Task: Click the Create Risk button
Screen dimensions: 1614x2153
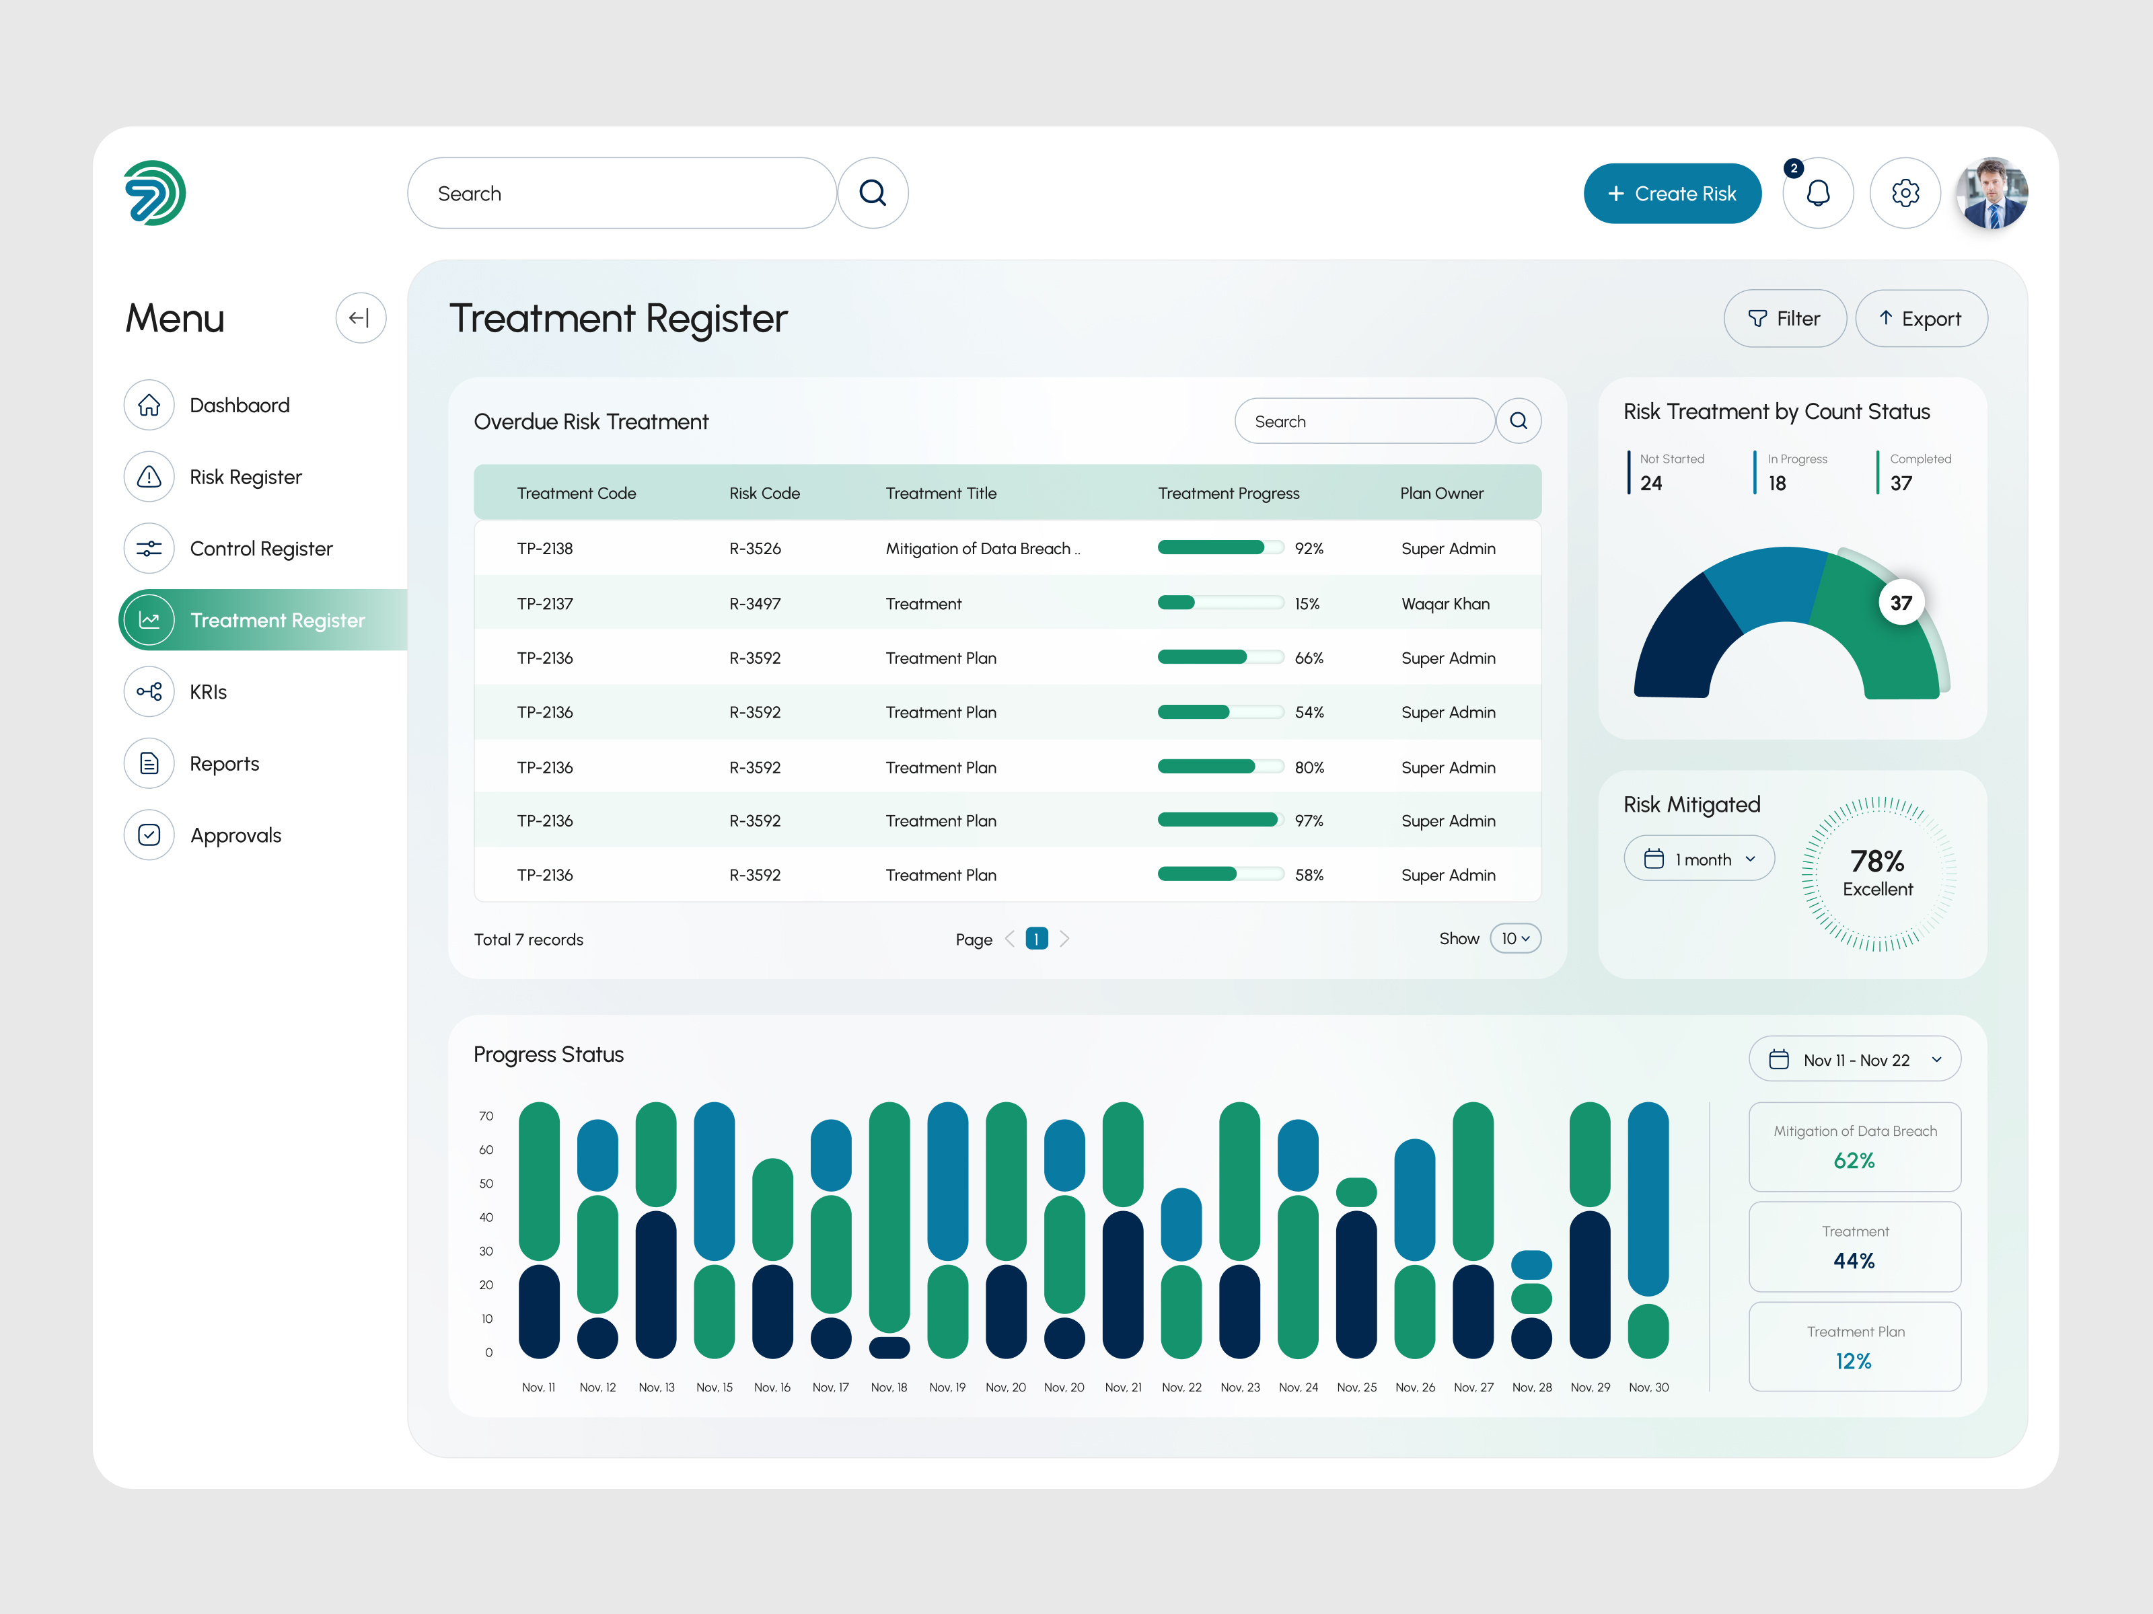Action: click(1671, 194)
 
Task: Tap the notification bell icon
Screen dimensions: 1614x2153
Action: click(1817, 194)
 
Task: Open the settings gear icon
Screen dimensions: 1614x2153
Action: click(1905, 194)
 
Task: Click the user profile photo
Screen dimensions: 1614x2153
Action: click(1992, 194)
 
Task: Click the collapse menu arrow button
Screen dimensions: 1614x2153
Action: click(360, 318)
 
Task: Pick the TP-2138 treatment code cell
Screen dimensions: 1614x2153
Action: click(544, 549)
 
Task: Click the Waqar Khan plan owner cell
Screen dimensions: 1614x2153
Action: click(1445, 604)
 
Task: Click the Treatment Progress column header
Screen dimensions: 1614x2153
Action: click(1229, 493)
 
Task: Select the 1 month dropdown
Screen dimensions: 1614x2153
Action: click(1698, 859)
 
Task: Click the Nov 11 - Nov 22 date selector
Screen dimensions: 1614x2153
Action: click(1854, 1059)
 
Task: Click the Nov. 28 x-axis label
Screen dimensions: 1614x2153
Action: click(1531, 1387)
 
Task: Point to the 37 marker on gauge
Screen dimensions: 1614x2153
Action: click(1900, 603)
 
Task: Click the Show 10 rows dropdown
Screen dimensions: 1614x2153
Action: click(1515, 939)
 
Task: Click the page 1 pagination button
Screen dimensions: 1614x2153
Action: click(1037, 939)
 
